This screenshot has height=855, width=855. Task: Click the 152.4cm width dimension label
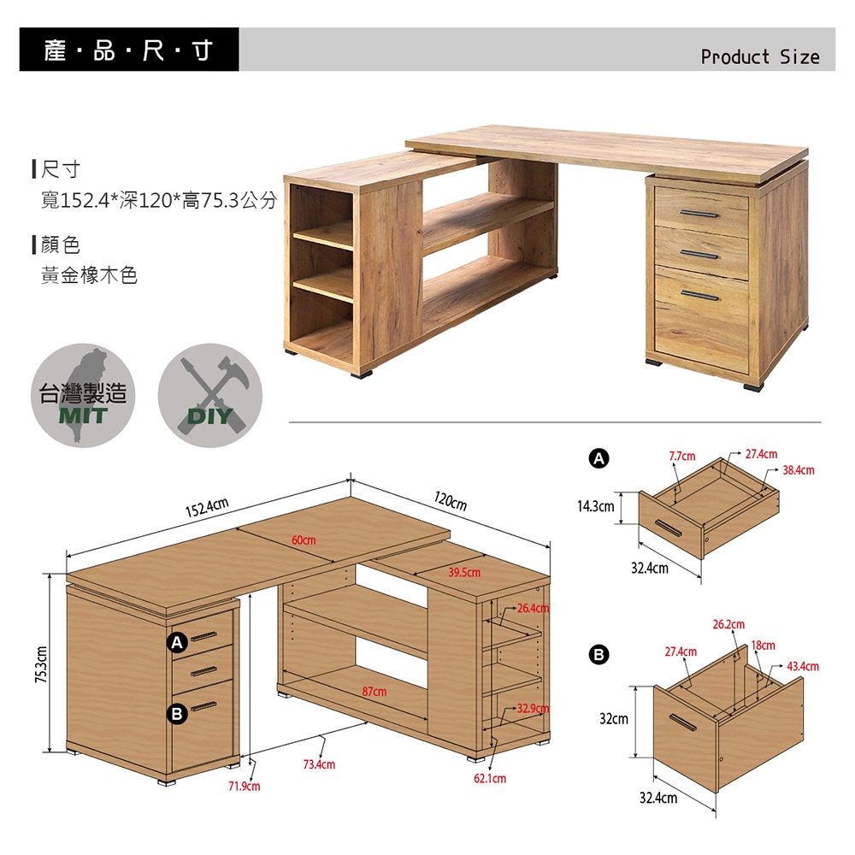207,507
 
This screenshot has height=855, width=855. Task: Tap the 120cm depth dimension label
451,500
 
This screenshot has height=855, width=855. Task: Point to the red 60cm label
304,540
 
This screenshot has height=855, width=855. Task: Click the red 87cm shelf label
374,692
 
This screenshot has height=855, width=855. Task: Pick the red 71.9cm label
245,786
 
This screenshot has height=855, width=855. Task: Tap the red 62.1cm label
490,778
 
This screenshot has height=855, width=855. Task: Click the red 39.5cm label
464,572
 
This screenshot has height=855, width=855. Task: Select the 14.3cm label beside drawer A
595,506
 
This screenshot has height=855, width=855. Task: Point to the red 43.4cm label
803,666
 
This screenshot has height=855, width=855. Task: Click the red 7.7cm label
682,456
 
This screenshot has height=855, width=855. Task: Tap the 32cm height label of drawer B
613,718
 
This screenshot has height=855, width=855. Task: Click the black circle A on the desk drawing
177,642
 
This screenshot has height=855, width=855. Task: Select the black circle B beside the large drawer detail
598,654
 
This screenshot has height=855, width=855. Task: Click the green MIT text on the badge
83,416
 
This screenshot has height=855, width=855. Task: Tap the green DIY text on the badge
210,416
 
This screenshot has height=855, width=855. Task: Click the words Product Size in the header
759,56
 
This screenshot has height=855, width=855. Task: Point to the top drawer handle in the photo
699,214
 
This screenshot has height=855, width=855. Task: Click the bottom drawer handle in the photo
700,296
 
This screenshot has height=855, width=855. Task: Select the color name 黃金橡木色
89,275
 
